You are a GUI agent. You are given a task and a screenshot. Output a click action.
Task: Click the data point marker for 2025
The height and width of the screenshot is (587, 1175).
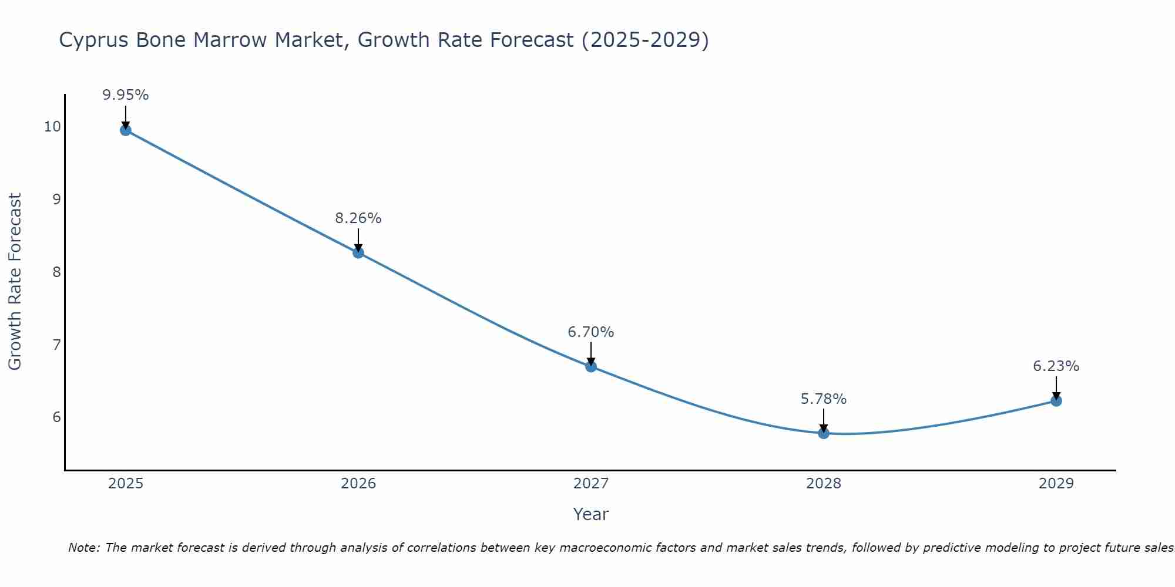click(125, 130)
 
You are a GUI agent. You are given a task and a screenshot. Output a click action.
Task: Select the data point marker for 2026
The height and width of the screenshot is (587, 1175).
click(358, 253)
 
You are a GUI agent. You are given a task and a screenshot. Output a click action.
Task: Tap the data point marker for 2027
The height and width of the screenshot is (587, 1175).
click(591, 367)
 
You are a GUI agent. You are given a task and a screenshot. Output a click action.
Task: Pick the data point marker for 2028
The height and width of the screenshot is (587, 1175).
click(824, 433)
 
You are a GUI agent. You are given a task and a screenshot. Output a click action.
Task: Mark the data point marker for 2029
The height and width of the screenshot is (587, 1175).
click(1056, 401)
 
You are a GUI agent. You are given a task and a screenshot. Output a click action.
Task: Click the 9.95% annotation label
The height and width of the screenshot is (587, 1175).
click(125, 95)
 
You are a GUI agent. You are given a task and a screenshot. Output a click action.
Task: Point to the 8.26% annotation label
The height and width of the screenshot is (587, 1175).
click(358, 218)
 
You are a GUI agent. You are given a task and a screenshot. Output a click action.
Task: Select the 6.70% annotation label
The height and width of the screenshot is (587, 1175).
click(590, 332)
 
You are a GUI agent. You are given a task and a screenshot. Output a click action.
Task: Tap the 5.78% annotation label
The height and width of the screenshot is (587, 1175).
click(824, 399)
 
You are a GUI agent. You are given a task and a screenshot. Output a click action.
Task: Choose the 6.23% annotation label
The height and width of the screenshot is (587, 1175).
click(1056, 366)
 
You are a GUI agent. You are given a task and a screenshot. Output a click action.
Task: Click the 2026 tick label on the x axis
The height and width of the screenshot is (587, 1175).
click(358, 484)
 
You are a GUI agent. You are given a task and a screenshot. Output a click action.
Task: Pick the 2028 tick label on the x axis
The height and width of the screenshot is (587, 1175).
click(824, 484)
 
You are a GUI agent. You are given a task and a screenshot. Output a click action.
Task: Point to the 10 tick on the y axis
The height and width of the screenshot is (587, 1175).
click(52, 127)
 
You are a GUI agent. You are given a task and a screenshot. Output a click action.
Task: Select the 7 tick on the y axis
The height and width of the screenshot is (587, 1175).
click(56, 345)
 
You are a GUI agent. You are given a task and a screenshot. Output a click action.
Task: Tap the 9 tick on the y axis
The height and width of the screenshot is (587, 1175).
click(56, 200)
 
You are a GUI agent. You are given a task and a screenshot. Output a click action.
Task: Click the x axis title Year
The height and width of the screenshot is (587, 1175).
click(590, 514)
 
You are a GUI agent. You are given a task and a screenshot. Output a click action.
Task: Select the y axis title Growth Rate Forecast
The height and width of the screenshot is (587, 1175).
click(15, 282)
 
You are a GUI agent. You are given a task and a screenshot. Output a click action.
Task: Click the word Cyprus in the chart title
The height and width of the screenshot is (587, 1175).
click(95, 41)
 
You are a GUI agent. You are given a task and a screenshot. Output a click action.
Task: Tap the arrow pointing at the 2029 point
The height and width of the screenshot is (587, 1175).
click(1056, 387)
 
